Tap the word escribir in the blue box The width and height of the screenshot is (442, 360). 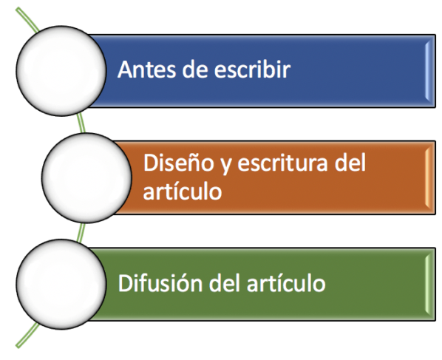252,69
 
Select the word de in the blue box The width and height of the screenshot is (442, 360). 196,69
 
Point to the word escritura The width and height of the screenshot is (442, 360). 283,163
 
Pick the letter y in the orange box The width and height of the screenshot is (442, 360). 225,166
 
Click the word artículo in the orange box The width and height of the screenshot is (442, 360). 183,191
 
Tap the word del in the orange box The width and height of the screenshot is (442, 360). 350,163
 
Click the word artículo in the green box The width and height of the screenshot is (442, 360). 286,283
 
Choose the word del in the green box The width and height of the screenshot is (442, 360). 225,283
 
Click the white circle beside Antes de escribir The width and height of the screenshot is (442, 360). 61,70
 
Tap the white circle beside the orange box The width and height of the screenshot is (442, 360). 86,177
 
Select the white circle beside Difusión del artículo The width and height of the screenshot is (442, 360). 61,284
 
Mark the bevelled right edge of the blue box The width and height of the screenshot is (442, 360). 429,71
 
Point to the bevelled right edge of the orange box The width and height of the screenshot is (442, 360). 429,177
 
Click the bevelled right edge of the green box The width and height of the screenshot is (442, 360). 429,284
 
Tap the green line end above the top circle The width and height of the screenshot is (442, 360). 18,10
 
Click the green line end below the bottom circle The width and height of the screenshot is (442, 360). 18,346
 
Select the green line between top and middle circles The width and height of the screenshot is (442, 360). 82,123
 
